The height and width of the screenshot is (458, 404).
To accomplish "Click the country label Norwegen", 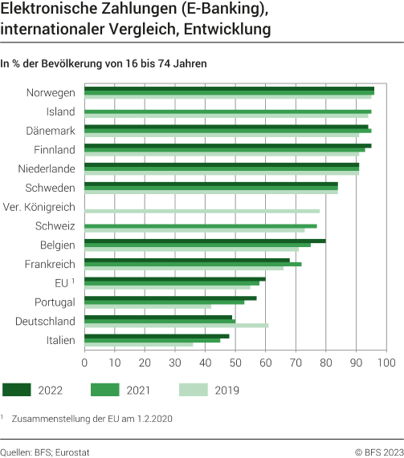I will pos(51,92).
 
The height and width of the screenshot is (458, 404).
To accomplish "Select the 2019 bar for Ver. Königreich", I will pos(202,211).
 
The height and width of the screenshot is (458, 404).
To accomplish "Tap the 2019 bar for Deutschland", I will pos(176,325).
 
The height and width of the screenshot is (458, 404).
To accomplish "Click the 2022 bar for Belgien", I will pos(205,241).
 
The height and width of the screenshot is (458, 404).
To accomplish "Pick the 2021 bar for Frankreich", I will pos(193,264).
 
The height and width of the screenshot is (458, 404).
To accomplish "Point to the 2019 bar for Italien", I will pos(138,344).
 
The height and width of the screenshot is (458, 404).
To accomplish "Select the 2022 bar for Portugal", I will pos(170,298).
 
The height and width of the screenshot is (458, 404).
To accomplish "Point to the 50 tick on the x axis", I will pos(235,363).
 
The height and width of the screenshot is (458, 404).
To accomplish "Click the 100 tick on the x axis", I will pos(385,363).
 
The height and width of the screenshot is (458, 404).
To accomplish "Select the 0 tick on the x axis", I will pos(84,363).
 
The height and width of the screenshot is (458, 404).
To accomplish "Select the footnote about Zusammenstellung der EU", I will pos(92,418).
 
